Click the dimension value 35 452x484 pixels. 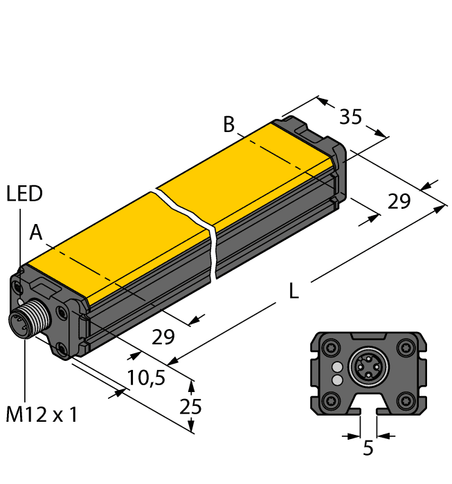(351, 118)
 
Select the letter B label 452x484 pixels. (229, 125)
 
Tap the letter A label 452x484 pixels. (36, 234)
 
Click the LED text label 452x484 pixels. (24, 194)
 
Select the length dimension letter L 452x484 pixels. (293, 293)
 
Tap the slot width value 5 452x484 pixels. (368, 449)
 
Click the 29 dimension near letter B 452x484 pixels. (398, 202)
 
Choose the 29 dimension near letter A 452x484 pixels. (163, 337)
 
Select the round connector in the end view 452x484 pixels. (368, 368)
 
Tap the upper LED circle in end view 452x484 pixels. (337, 367)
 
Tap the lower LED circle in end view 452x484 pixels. (337, 380)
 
